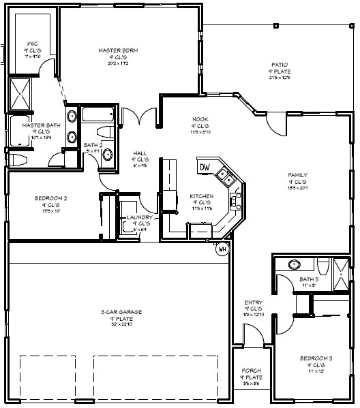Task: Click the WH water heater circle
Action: pos(222,249)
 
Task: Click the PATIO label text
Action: pos(279,65)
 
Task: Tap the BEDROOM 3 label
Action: pos(316,358)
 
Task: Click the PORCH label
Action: pos(252,371)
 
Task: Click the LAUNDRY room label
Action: pos(139,218)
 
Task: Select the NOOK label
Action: pos(199,119)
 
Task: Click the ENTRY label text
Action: pos(254,303)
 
